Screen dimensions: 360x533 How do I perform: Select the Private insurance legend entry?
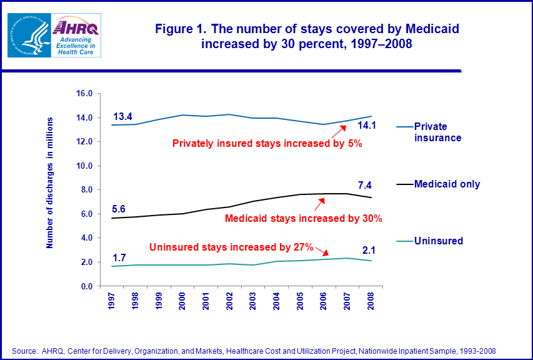(x=438, y=132)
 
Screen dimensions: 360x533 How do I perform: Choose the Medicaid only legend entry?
(x=447, y=184)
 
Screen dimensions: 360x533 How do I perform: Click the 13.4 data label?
(x=122, y=117)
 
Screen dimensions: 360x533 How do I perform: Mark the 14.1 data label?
(x=366, y=126)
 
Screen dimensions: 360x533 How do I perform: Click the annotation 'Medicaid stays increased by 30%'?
(x=303, y=218)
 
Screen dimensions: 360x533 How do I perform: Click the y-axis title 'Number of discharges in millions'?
(x=51, y=182)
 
